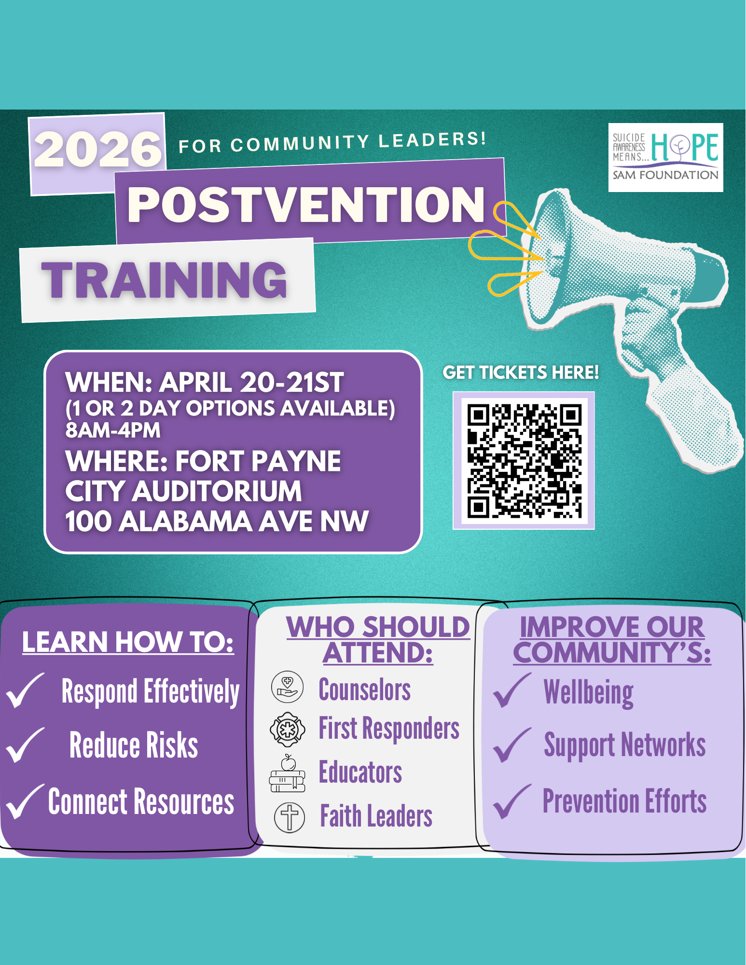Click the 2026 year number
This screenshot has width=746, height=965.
point(98,150)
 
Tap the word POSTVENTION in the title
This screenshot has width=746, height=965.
point(305,205)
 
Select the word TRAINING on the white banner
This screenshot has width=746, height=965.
point(165,280)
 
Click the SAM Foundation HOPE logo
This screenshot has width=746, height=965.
point(665,157)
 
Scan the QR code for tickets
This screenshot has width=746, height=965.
point(524,460)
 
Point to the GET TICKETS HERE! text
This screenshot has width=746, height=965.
point(521,372)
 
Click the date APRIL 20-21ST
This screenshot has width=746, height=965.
point(251,383)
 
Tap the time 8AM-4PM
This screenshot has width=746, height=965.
point(113,430)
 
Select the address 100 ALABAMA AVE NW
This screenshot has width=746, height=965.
point(217,522)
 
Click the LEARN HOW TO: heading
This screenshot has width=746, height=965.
point(128,642)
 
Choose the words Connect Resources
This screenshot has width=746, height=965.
point(141,801)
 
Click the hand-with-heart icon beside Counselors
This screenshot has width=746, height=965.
point(287,687)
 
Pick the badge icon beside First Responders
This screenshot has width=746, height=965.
point(287,729)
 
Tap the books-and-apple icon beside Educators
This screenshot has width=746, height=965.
point(287,773)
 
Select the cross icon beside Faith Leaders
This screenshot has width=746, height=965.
point(290,817)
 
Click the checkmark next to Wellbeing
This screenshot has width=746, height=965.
point(511,690)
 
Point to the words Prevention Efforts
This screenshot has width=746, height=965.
point(624,801)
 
